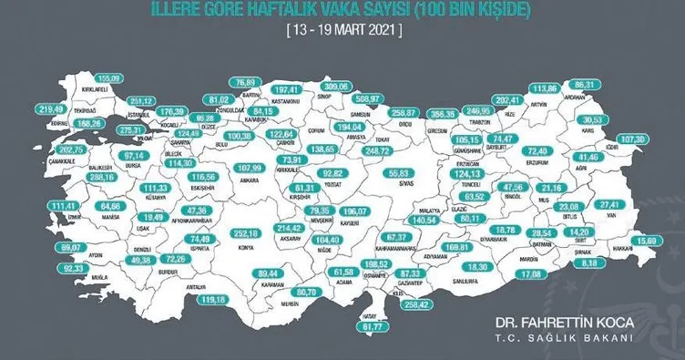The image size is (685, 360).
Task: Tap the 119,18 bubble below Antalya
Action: (220, 299)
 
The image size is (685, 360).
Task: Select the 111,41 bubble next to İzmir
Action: (42, 207)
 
